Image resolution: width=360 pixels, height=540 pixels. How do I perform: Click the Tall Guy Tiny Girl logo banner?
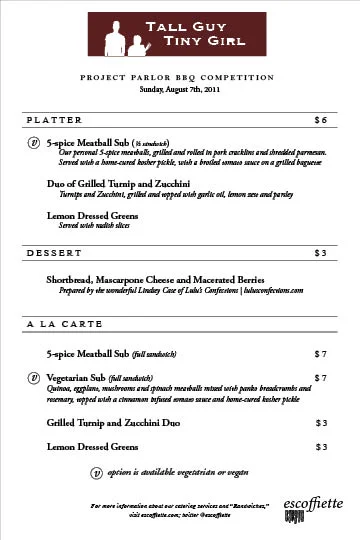point(180,36)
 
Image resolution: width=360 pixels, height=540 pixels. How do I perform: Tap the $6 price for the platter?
point(320,120)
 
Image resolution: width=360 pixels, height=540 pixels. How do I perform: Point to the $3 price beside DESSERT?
point(320,252)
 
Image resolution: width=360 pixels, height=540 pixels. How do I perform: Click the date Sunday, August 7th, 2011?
point(179,90)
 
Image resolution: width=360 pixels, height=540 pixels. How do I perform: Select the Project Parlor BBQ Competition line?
point(179,76)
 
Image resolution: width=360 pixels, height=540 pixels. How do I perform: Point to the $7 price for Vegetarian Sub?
point(320,378)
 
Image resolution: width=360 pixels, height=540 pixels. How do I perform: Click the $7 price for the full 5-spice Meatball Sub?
point(320,354)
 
